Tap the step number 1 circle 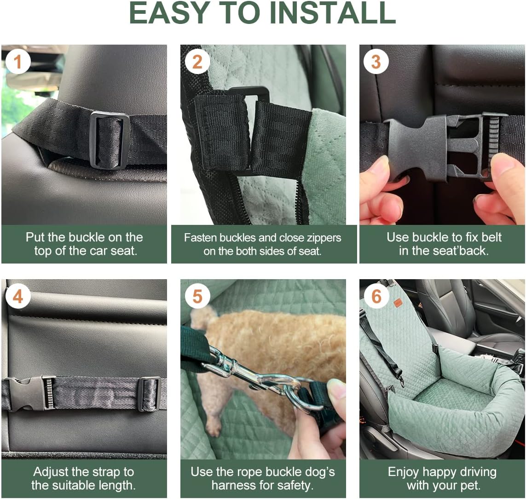point(17,61)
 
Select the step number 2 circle point(197,61)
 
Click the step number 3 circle point(376,61)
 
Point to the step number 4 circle point(17,297)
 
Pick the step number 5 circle point(197,297)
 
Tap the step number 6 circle point(376,297)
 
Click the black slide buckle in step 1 point(110,140)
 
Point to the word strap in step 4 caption point(107,472)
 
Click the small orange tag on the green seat point(398,303)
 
